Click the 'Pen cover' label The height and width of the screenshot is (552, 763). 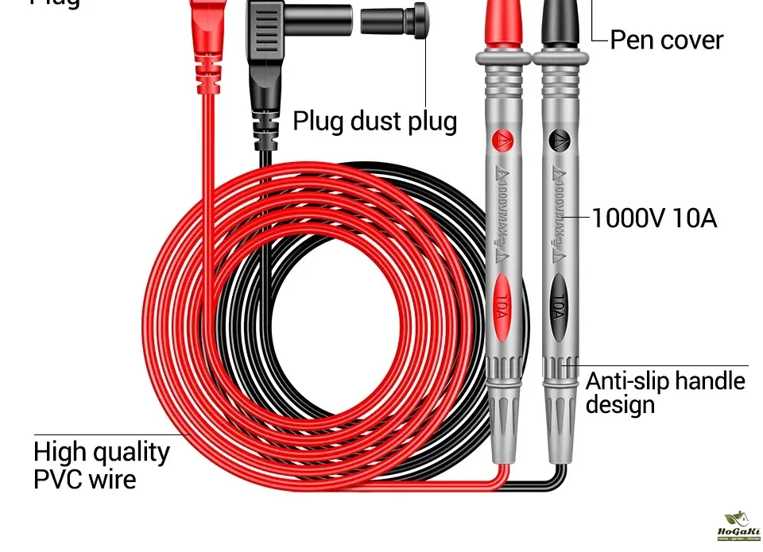tap(666, 40)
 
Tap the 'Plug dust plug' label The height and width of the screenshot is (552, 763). tap(375, 121)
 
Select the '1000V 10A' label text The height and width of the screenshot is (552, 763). tap(654, 218)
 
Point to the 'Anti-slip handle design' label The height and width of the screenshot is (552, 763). tap(665, 392)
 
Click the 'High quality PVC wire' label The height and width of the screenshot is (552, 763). tap(101, 465)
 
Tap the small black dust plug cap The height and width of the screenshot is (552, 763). tap(395, 19)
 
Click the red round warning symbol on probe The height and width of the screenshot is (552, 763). tap(502, 141)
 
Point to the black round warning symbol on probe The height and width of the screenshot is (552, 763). tap(559, 141)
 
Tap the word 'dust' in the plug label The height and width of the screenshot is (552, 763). tap(373, 121)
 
